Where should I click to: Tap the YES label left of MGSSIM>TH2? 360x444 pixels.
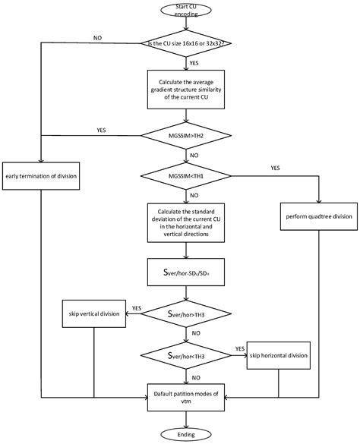pyautogui.click(x=101, y=130)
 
